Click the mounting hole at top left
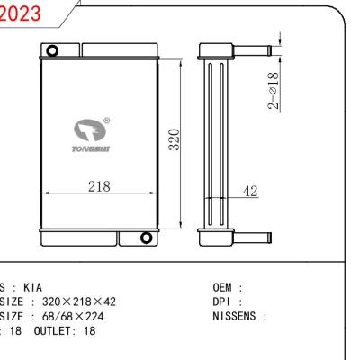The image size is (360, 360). click(53, 49)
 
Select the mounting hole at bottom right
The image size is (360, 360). click(146, 238)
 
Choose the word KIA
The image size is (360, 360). click(31, 289)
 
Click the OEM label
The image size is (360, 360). click(224, 289)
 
